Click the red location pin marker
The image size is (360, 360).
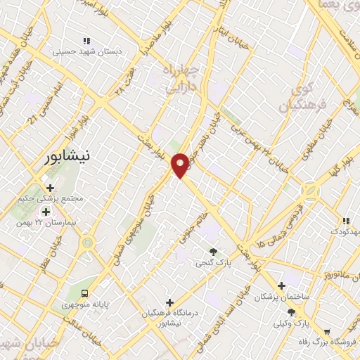click(181, 165)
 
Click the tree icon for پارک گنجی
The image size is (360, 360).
click(213, 251)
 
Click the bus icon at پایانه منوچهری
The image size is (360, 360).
click(84, 292)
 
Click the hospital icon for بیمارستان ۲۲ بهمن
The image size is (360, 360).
click(46, 212)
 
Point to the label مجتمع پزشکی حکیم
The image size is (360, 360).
click(53, 198)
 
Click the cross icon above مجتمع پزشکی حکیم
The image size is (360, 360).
click(50, 187)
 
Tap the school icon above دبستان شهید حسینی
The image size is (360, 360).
click(87, 41)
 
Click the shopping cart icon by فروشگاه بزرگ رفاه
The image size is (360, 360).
click(327, 331)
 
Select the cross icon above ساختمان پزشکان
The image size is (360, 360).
click(281, 286)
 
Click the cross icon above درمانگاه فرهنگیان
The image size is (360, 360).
click(167, 302)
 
